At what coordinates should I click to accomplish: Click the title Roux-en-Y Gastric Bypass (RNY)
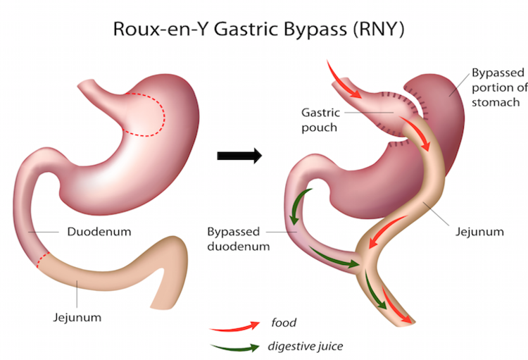click(x=263, y=30)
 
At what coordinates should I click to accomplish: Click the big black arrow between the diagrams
click(x=239, y=155)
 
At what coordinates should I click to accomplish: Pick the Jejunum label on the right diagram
click(x=480, y=231)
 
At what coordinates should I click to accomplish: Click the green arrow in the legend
click(x=234, y=346)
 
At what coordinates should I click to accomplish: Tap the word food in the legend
click(x=284, y=323)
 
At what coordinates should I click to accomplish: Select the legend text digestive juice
click(x=303, y=346)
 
